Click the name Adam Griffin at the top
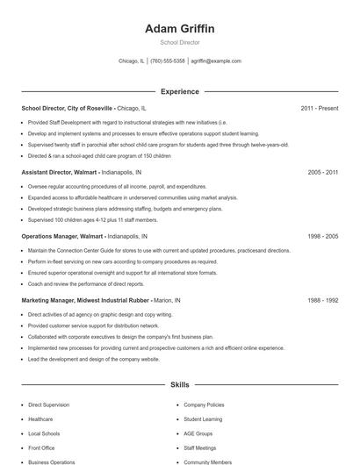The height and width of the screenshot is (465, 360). [180, 29]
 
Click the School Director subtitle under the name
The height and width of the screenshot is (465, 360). [180, 42]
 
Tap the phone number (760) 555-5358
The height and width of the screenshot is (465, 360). [168, 61]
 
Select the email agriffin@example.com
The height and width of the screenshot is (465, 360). [216, 61]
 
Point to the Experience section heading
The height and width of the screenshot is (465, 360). [180, 91]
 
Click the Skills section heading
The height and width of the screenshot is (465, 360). [180, 384]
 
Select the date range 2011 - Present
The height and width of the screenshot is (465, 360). [319, 108]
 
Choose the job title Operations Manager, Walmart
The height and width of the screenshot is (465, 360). [62, 237]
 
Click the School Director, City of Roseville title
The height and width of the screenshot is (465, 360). [67, 108]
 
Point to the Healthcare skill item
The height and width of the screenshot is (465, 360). [40, 419]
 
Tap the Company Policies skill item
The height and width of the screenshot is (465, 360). [204, 405]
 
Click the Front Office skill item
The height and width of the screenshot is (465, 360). [41, 447]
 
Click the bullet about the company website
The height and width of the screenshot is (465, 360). [93, 359]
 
